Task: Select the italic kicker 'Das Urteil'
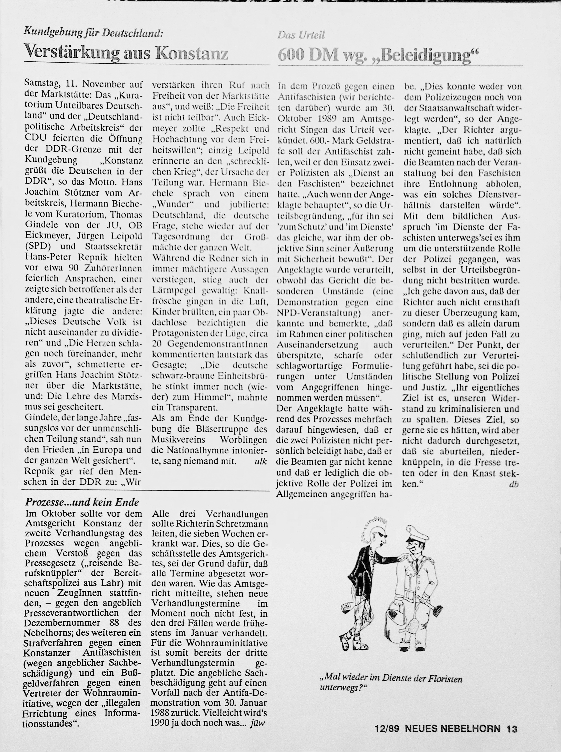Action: (301, 35)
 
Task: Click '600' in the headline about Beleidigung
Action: (290, 54)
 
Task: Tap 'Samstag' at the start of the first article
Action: (39, 84)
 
